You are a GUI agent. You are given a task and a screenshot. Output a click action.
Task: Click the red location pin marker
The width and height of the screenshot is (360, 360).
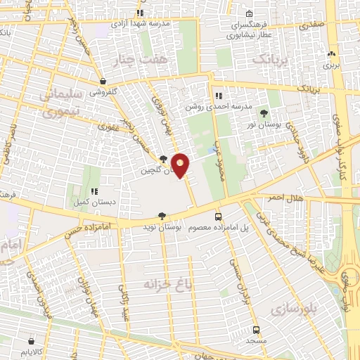(181, 165)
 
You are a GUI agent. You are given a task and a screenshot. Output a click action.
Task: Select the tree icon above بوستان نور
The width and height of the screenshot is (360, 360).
(264, 113)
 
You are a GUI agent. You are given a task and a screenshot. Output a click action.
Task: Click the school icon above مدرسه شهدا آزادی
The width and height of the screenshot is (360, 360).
(141, 13)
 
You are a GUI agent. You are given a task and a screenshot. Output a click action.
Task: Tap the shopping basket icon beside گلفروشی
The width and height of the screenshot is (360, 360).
(103, 81)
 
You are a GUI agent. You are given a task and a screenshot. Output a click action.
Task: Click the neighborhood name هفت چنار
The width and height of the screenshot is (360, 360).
(156, 62)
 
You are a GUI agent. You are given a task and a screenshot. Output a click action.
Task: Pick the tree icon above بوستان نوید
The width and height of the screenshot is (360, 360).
(163, 216)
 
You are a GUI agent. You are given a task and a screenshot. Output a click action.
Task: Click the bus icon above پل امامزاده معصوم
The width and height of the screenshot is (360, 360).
(218, 217)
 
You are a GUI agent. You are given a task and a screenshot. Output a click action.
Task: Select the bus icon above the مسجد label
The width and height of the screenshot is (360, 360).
(257, 329)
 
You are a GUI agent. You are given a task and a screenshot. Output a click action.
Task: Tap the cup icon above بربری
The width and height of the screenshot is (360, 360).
(331, 53)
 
